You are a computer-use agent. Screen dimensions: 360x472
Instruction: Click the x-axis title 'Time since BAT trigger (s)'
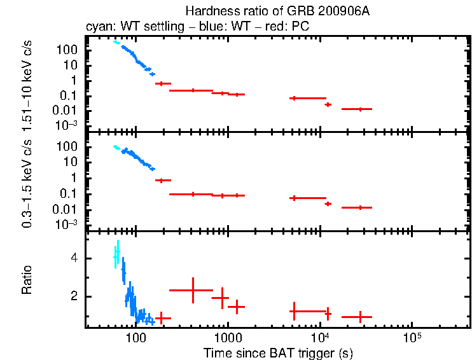pos(278,352)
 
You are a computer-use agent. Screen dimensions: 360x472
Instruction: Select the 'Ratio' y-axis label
pos(27,279)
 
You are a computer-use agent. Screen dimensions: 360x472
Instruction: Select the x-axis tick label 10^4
pos(319,337)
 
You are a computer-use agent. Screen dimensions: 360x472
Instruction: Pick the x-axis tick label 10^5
pos(412,337)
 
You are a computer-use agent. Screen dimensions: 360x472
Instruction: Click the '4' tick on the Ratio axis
pos(74,258)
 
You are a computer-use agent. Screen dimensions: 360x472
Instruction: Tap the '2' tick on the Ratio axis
pos(74,296)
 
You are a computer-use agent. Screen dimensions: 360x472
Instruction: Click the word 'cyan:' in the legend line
pos(99,27)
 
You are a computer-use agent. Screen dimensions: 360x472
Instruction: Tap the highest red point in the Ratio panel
pos(192,290)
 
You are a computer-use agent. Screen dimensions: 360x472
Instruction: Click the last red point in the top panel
pos(360,109)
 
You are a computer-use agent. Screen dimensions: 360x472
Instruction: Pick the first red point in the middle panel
pos(163,180)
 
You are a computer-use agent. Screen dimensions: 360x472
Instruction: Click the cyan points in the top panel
pos(116,43)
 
